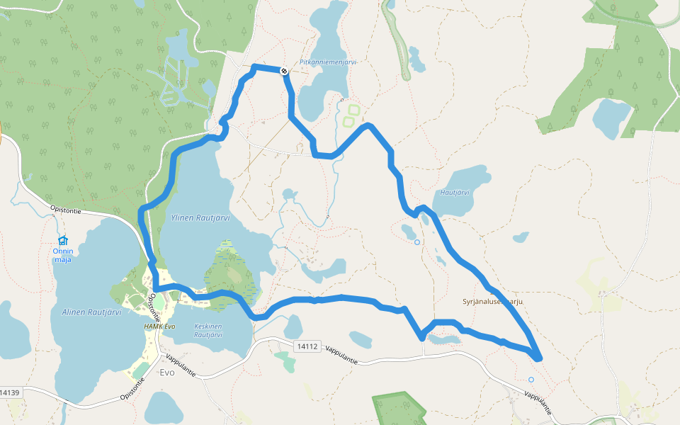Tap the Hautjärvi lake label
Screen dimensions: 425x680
455,192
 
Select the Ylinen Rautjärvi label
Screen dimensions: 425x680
200,218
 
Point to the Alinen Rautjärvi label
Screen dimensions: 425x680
91,312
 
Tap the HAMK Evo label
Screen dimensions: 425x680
159,327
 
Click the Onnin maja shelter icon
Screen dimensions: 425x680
62,240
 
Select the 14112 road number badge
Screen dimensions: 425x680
307,346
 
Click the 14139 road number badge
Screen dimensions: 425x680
9,392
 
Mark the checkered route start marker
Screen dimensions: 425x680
283,71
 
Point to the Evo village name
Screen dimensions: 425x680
167,372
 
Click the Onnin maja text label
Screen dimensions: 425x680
63,254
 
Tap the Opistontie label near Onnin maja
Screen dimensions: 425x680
67,210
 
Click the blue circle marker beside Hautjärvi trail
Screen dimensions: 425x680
416,242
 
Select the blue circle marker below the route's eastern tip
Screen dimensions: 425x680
531,380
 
